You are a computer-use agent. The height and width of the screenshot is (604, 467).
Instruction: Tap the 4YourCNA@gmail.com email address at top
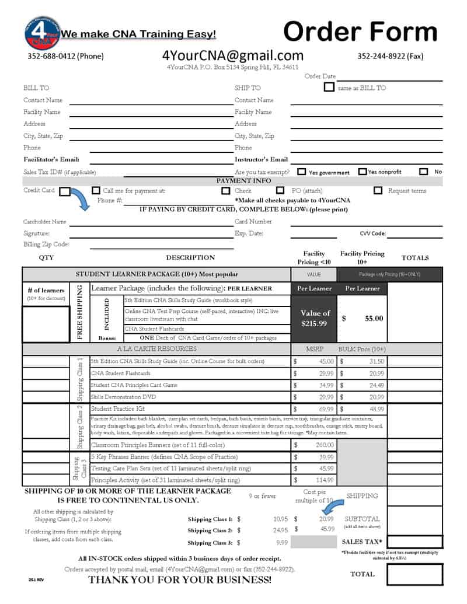[x=233, y=55]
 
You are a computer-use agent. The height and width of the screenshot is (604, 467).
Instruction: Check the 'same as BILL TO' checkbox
[x=329, y=88]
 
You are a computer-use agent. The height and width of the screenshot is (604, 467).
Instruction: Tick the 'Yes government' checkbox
[x=302, y=172]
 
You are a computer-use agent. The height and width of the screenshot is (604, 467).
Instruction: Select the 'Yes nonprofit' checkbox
[x=362, y=172]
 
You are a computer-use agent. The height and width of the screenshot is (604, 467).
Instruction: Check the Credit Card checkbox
[x=64, y=191]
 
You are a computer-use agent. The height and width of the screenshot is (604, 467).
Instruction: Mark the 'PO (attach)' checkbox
[x=280, y=190]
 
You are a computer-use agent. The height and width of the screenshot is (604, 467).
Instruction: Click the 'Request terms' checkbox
[x=378, y=190]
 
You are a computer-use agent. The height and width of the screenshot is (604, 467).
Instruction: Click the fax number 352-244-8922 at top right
[x=390, y=57]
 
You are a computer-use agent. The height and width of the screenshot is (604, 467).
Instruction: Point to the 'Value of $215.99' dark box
[x=315, y=318]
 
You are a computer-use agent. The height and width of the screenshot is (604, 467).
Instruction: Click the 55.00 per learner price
[x=374, y=319]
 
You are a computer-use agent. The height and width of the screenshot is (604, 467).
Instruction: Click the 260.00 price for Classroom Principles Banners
[x=322, y=445]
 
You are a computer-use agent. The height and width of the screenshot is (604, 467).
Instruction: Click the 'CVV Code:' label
[x=372, y=233]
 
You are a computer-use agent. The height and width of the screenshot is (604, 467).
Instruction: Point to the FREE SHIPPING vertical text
[x=80, y=313]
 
